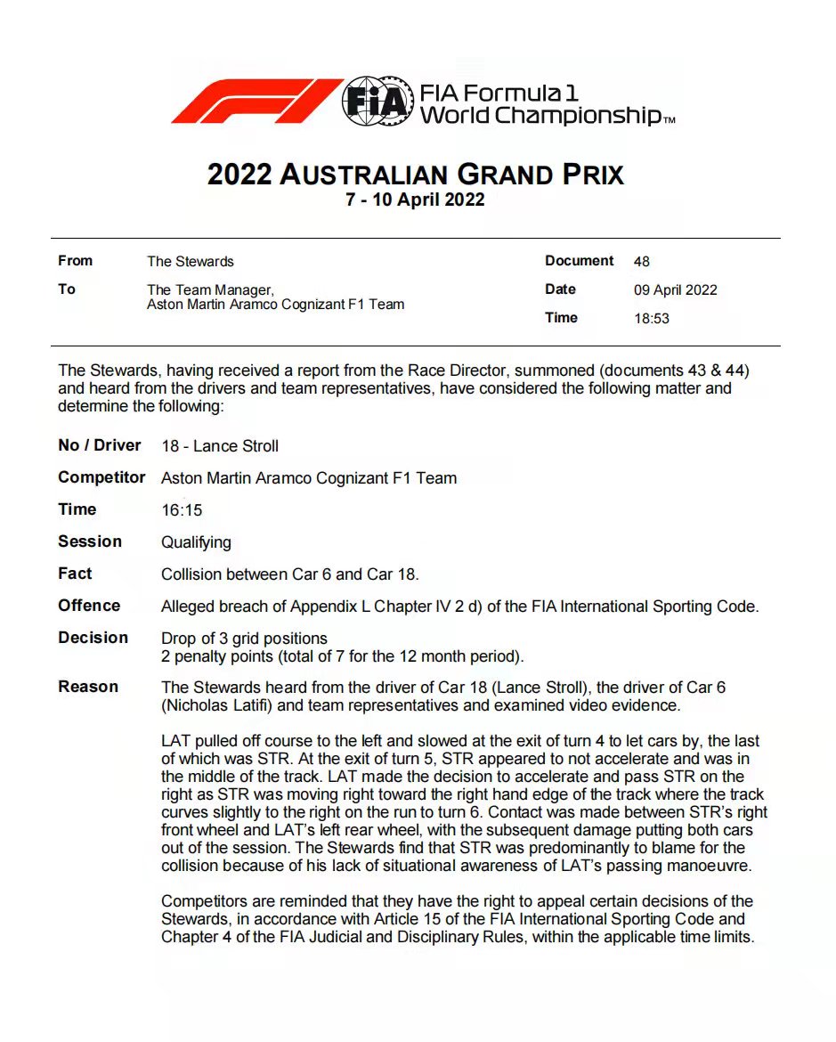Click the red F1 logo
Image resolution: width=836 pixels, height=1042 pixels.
256,101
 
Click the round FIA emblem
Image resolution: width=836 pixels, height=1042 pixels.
377,101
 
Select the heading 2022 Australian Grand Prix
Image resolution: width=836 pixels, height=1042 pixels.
416,174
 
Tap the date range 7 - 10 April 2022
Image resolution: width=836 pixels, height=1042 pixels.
415,199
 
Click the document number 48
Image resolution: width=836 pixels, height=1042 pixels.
641,262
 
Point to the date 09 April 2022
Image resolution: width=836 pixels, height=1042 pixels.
675,290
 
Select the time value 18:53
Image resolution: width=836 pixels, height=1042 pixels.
651,318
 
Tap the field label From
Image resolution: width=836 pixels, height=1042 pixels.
75,261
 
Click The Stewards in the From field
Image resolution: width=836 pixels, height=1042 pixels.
190,262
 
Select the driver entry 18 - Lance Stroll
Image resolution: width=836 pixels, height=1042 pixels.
220,446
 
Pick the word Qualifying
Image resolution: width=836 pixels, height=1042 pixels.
196,542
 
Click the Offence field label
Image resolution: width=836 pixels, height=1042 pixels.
89,606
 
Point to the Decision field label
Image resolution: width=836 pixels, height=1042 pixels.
93,638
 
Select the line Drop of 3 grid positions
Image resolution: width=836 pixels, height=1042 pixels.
244,639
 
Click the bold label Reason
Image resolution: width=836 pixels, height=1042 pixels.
88,687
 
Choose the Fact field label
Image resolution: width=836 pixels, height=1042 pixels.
75,574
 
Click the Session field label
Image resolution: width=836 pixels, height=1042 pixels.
90,541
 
